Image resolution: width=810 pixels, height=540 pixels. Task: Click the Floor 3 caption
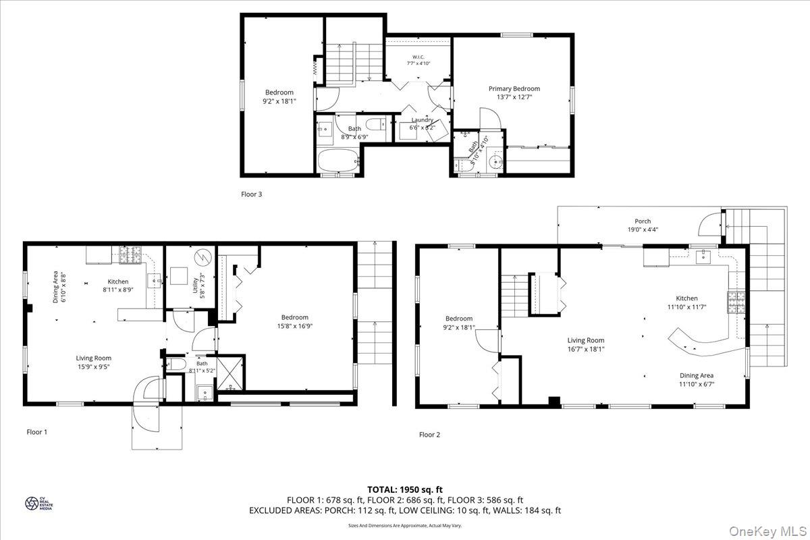click(251, 194)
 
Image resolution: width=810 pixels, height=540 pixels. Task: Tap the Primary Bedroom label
click(514, 88)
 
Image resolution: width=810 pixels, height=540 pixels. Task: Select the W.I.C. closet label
click(418, 56)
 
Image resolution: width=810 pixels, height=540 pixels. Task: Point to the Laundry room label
click(423, 120)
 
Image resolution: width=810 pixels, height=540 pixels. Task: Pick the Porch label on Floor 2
click(643, 221)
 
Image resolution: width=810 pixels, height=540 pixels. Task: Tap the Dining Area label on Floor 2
click(697, 375)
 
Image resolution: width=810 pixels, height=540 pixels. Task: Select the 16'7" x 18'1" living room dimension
click(586, 350)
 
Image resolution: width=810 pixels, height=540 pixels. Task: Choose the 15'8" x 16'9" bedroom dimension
click(294, 326)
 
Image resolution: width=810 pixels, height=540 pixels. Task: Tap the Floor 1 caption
click(37, 432)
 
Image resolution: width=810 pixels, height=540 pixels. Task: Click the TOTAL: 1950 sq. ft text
click(405, 489)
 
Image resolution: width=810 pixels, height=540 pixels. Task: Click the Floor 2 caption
click(429, 435)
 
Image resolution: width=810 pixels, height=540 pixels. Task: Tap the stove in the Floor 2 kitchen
click(734, 302)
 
